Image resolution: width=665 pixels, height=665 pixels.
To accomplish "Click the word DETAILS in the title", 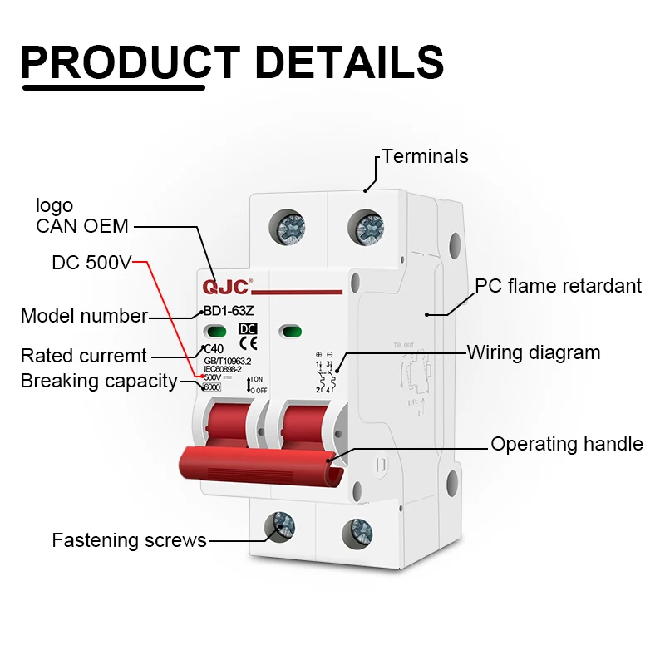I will (349, 62).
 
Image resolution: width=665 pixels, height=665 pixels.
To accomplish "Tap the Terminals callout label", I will (425, 156).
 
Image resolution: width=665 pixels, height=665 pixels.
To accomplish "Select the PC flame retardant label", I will (558, 286).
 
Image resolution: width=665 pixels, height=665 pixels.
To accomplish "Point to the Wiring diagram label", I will (533, 352).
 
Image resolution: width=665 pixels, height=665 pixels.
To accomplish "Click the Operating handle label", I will (566, 444).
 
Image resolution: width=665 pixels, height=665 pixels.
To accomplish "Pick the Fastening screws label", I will (129, 540).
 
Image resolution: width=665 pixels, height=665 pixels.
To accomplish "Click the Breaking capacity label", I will (99, 382).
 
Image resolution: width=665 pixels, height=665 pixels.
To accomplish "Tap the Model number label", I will (84, 316).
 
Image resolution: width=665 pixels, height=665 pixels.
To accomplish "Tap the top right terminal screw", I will (367, 226).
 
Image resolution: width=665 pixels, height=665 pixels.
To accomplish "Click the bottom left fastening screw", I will (279, 526).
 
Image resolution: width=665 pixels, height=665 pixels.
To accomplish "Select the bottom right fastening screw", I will (358, 530).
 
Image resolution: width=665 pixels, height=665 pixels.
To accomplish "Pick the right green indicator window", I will (291, 332).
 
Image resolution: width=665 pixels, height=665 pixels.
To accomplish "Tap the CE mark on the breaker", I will (248, 342).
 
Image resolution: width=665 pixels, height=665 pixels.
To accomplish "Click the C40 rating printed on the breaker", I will (214, 349).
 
